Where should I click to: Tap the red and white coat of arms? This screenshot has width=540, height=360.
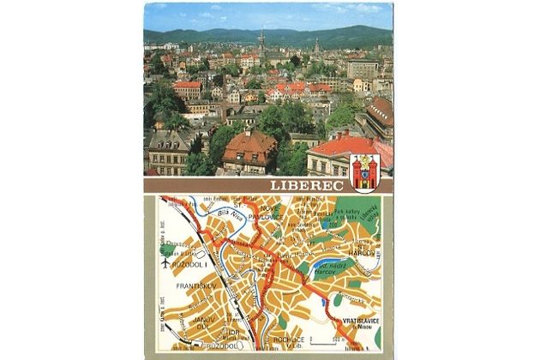(363, 170)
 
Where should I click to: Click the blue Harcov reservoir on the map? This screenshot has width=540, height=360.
(327, 270)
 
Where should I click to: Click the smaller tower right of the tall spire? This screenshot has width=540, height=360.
(316, 45)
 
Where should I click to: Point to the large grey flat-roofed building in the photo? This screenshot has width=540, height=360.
(363, 69)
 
